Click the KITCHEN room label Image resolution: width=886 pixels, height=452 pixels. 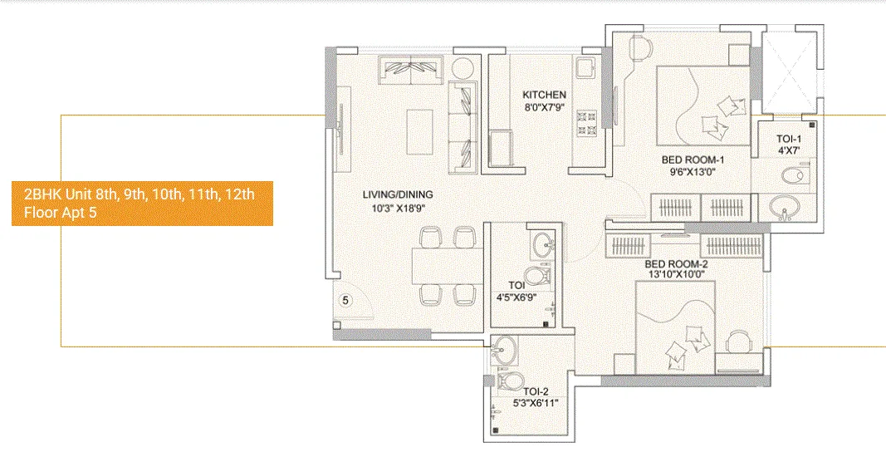point(544,95)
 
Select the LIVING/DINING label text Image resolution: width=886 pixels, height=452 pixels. point(397,195)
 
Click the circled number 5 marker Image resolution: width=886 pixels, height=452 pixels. point(348,300)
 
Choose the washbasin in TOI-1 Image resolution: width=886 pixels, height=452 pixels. point(784,206)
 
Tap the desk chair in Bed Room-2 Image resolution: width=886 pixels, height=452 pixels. point(739,342)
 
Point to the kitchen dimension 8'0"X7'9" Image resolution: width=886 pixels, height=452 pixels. point(544,108)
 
